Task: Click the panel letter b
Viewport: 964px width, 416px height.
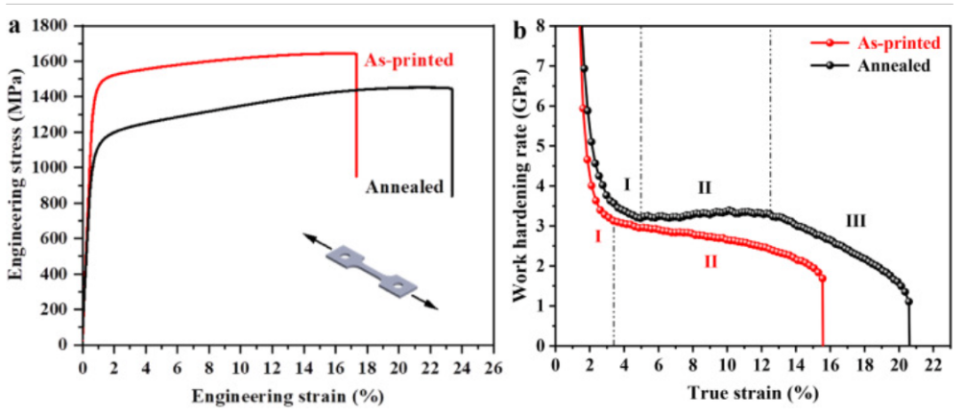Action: [519, 29]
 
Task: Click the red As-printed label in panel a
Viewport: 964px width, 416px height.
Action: [409, 60]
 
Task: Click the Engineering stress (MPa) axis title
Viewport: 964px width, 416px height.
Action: [15, 183]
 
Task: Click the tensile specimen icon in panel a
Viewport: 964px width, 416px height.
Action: [371, 271]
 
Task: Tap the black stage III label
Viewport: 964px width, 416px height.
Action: [855, 221]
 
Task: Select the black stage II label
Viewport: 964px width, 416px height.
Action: [704, 186]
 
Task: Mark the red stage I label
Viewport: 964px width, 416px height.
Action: [597, 235]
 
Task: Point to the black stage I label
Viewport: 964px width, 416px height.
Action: [626, 184]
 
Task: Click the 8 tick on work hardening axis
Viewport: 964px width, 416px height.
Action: [543, 26]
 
